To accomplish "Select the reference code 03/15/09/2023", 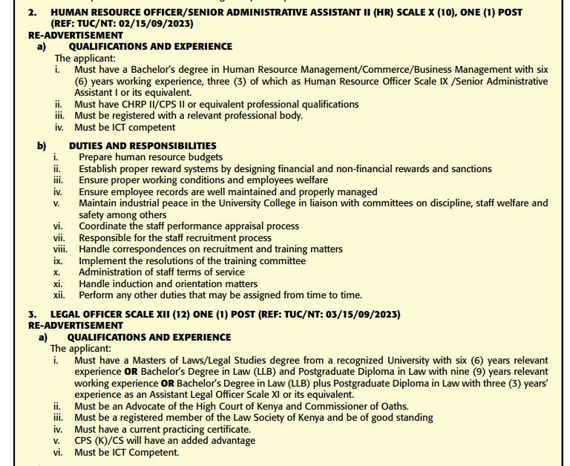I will (x=355, y=315).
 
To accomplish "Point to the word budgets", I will (x=200, y=157).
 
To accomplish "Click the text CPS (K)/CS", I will (x=102, y=440).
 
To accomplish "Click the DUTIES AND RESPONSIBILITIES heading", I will (x=142, y=146).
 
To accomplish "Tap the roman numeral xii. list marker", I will (x=59, y=295).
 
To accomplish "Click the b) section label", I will (x=42, y=146).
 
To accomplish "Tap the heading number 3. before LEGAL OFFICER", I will (x=32, y=315).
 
